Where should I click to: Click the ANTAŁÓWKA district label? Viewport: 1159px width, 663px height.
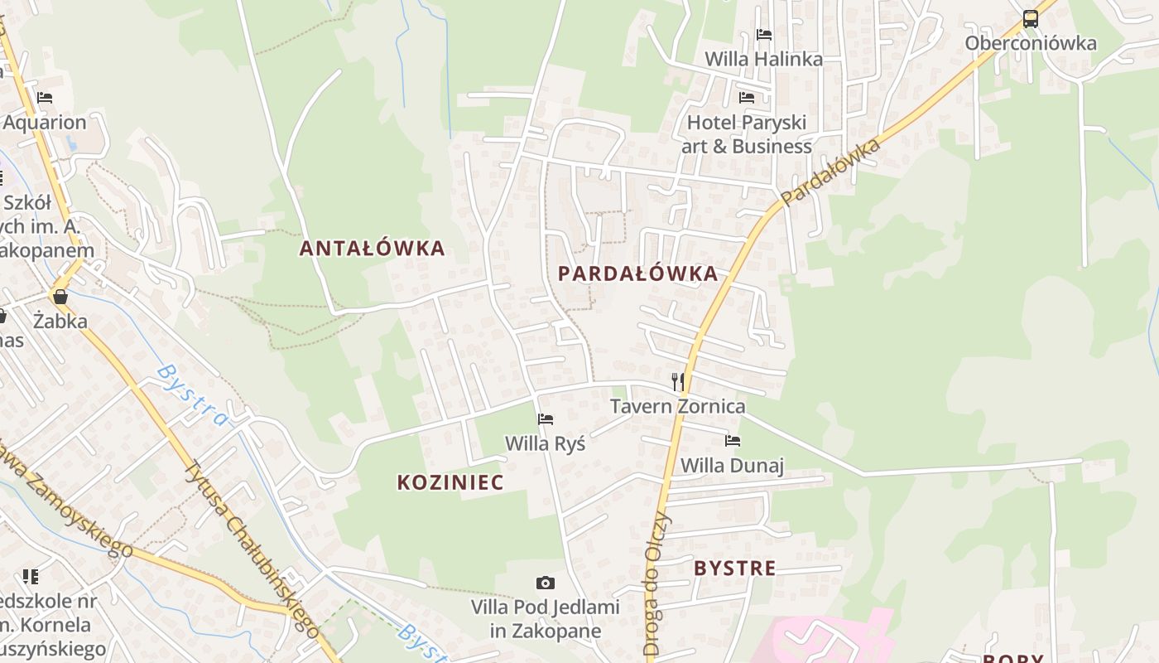pyautogui.click(x=372, y=248)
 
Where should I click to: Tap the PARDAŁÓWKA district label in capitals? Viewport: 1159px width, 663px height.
pyautogui.click(x=637, y=273)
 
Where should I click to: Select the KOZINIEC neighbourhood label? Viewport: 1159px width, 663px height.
pyautogui.click(x=450, y=482)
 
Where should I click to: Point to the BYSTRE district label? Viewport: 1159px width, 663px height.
pyautogui.click(x=735, y=568)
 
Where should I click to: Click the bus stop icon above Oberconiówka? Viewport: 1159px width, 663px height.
pyautogui.click(x=1030, y=19)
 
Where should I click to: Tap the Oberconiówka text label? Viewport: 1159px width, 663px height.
pyautogui.click(x=1030, y=43)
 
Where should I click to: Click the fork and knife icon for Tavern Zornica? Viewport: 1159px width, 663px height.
pyautogui.click(x=678, y=381)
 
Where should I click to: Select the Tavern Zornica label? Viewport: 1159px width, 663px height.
pyautogui.click(x=677, y=406)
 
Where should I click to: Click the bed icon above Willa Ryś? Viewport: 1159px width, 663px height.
pyautogui.click(x=545, y=419)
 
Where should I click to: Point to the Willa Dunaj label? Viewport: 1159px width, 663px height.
pyautogui.click(x=732, y=465)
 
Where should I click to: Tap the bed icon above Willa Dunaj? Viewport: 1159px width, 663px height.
pyautogui.click(x=732, y=441)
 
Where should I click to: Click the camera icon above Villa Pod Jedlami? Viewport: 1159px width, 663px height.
pyautogui.click(x=545, y=583)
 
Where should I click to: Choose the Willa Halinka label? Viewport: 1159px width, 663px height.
pyautogui.click(x=763, y=59)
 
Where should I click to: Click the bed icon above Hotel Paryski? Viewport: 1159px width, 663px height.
pyautogui.click(x=747, y=98)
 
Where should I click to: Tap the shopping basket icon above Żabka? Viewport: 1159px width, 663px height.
pyautogui.click(x=60, y=296)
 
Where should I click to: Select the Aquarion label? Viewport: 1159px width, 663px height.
pyautogui.click(x=45, y=122)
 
